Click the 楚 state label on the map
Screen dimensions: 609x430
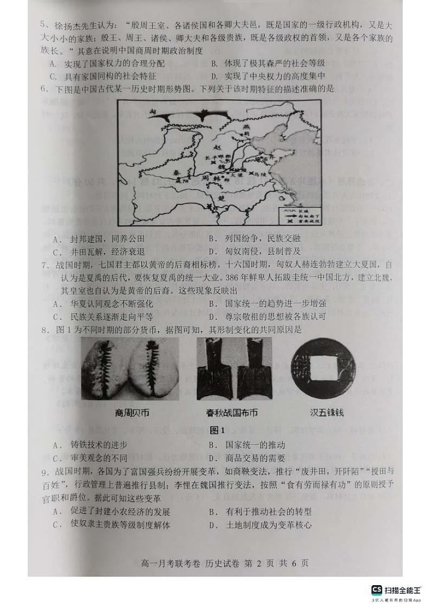220,198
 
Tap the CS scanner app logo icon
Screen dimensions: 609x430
376,590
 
